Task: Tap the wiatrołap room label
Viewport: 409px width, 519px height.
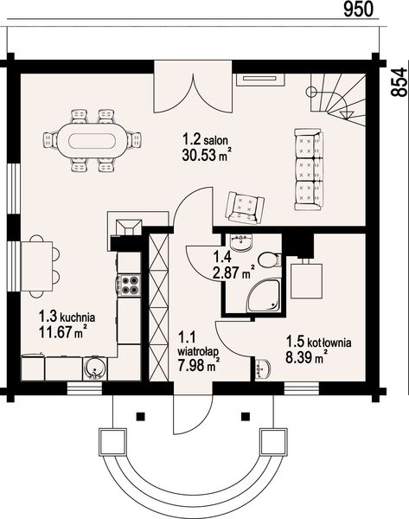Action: tap(197, 350)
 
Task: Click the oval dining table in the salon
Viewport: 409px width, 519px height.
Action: tap(90, 139)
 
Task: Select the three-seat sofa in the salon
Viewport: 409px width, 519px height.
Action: tap(308, 170)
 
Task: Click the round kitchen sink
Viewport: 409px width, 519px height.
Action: tap(95, 370)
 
